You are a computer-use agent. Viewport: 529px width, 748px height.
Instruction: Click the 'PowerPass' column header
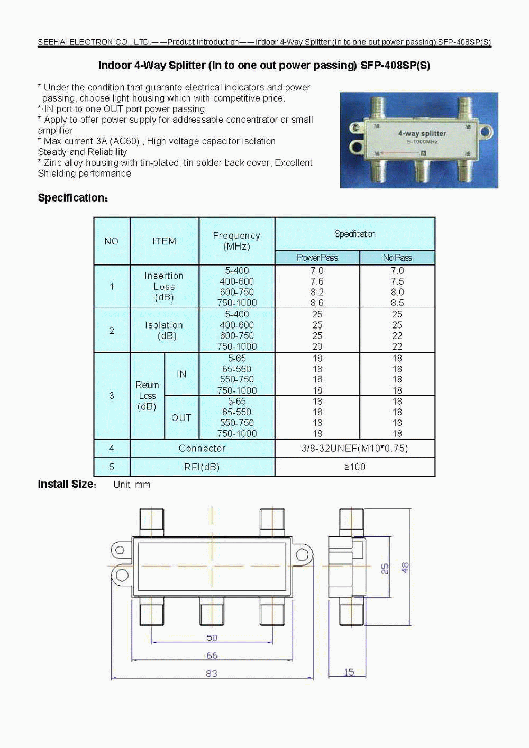[x=317, y=258]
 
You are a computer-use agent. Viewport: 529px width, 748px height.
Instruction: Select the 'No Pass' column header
[x=397, y=258]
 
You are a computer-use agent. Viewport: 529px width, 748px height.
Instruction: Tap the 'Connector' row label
[x=202, y=448]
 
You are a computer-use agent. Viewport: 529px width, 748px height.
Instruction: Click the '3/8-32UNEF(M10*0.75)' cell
[x=354, y=448]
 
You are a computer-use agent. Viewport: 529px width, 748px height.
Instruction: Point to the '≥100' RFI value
[x=354, y=467]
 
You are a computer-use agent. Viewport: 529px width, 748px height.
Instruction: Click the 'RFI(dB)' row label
[x=202, y=467]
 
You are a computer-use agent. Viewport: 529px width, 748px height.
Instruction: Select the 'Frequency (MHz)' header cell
[x=236, y=241]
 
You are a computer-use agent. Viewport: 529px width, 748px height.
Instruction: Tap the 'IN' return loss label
[x=181, y=374]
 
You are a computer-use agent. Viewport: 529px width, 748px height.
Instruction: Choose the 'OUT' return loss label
[x=181, y=417]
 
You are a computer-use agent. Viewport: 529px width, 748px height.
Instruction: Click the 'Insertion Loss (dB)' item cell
[x=164, y=286]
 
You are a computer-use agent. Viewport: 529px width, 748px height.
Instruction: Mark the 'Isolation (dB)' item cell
[x=164, y=330]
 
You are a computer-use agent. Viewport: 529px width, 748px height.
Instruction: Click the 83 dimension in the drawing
[x=212, y=673]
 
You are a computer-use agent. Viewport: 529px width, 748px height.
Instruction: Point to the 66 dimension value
[x=212, y=655]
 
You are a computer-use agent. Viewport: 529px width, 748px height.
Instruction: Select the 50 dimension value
[x=212, y=637]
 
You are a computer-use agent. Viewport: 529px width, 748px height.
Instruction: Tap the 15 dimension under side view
[x=349, y=672]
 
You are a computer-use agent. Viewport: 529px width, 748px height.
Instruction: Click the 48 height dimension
[x=405, y=568]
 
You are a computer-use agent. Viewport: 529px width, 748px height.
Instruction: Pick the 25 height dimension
[x=385, y=569]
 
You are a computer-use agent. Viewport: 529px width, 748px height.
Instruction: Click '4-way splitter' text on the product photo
[x=422, y=134]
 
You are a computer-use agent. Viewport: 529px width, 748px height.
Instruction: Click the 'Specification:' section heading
[x=73, y=198]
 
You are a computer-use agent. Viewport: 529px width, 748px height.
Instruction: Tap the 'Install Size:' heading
[x=67, y=484]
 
